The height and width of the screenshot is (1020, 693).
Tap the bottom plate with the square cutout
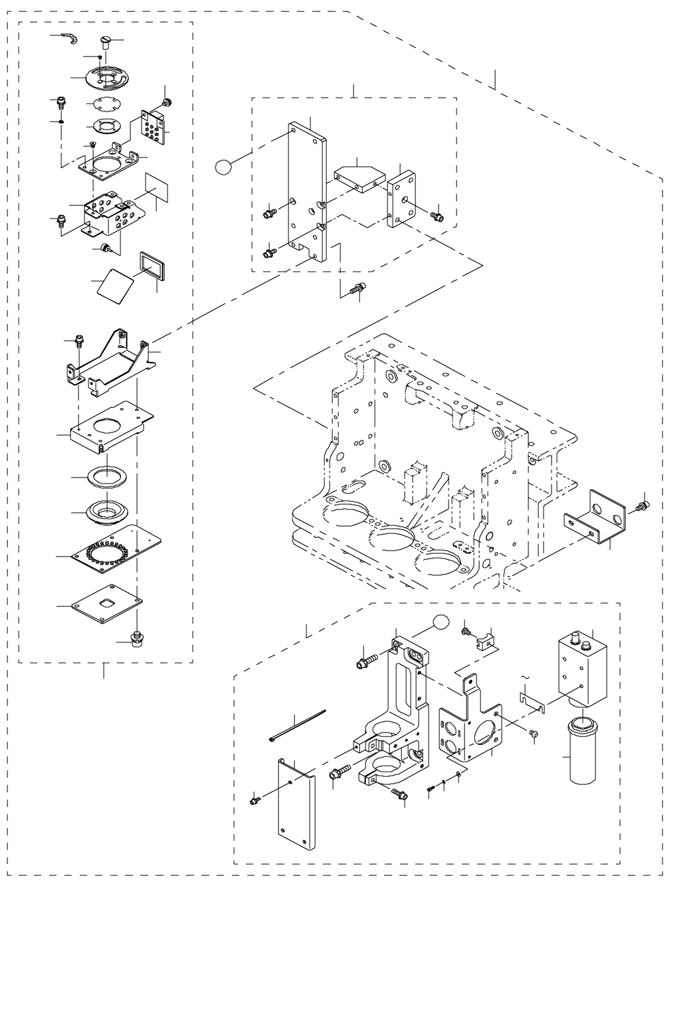point(106,604)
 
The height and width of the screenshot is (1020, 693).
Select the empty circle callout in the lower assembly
point(439,622)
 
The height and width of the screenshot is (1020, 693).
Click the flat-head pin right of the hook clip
point(106,43)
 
